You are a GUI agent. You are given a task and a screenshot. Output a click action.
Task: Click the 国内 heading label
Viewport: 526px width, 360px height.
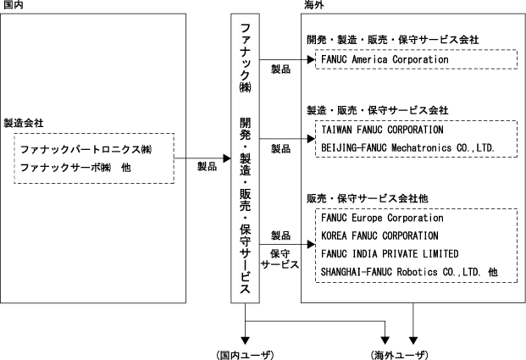(x=12, y=6)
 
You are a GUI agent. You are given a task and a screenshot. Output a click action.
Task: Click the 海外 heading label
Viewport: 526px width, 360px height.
(x=312, y=6)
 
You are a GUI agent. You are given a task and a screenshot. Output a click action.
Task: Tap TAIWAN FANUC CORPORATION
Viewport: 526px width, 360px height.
(x=382, y=130)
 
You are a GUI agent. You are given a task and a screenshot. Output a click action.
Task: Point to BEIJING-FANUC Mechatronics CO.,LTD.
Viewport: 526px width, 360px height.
(x=407, y=147)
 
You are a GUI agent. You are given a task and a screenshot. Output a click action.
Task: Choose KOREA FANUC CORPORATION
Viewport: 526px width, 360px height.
(x=380, y=235)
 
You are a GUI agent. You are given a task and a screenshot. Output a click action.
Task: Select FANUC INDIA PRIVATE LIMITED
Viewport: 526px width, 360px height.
(x=390, y=253)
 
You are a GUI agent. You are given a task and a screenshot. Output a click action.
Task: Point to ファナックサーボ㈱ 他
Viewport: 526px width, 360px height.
(x=75, y=167)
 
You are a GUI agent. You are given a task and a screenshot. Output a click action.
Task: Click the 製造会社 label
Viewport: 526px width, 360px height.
(x=23, y=123)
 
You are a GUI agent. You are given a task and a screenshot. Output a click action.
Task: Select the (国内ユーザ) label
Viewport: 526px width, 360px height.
(x=246, y=352)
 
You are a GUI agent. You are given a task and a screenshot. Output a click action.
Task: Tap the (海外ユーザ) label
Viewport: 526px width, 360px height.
(x=399, y=352)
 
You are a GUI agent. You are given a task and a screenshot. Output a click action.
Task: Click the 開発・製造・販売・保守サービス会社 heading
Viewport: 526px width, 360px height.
(x=393, y=39)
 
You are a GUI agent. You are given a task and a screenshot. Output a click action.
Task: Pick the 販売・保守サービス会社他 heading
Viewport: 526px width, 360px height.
(x=367, y=198)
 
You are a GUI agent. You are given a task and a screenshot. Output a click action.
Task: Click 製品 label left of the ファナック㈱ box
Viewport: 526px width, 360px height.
(x=207, y=167)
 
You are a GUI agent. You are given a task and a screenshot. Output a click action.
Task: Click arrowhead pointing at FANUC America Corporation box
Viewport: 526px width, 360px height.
(x=311, y=60)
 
